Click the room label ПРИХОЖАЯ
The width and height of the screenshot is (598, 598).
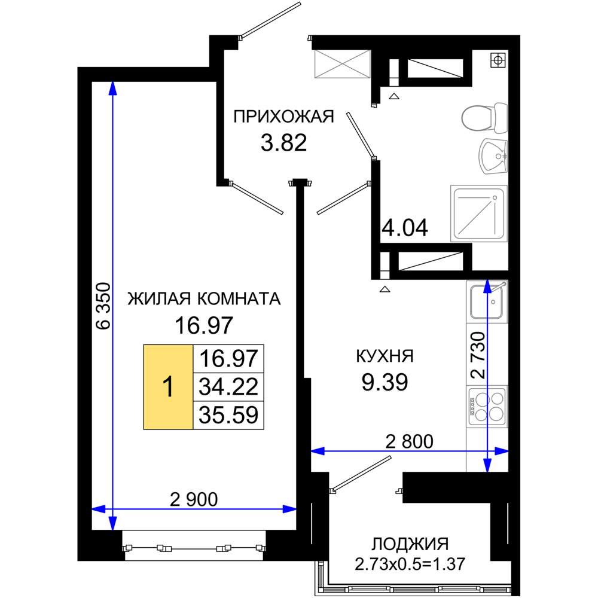coord(283,117)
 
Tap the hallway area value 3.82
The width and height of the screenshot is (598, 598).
coord(283,144)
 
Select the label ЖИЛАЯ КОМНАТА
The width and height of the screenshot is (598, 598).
coord(204,298)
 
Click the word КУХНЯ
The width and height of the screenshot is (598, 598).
coord(385,356)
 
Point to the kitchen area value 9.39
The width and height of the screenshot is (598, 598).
coord(385,382)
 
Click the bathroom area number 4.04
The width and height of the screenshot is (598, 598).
coord(405,228)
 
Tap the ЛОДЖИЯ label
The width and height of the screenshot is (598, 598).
coord(410,544)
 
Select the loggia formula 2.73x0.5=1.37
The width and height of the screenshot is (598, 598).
coord(410,563)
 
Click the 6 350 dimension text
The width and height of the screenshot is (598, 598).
coord(103,306)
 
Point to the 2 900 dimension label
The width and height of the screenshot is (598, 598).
coord(194,499)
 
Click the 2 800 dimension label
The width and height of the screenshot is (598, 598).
coord(409,442)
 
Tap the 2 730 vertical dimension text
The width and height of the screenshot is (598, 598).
coord(478,355)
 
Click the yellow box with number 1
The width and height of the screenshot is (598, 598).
coord(168,387)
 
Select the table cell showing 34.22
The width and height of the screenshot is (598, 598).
coord(228,387)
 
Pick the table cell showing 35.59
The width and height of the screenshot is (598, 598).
coord(228,415)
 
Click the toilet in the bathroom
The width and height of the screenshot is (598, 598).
coord(484,118)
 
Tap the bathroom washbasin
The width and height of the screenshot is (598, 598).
coord(493,156)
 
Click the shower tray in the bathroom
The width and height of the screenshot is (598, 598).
coord(479,213)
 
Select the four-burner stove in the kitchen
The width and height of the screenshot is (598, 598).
coord(487,406)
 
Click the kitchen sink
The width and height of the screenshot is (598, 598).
coord(487,301)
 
